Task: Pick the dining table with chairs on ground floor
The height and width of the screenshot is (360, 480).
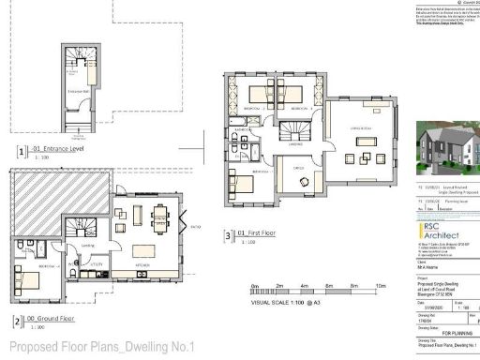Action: pyautogui.click(x=159, y=215)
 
